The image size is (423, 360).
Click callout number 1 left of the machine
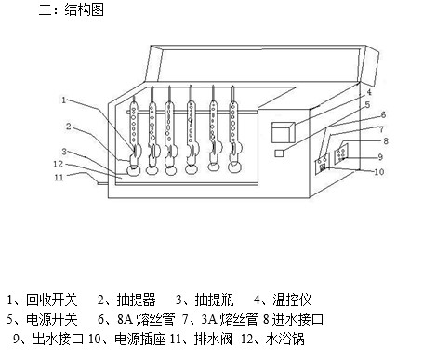pyautogui.click(x=64, y=100)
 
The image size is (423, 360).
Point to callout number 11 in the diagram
pyautogui.click(x=58, y=177)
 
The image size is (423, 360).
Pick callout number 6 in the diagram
pyautogui.click(x=382, y=114)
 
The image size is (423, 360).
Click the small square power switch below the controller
pyautogui.click(x=279, y=153)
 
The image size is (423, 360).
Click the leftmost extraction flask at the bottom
pyautogui.click(x=135, y=169)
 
